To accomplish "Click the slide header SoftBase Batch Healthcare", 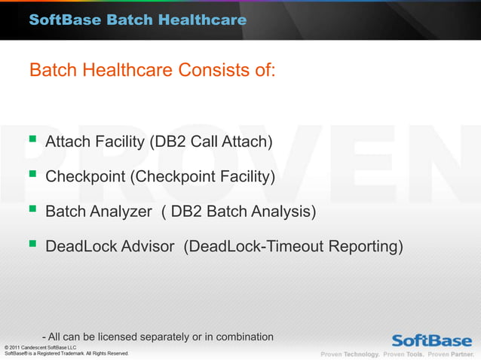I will coord(138,20).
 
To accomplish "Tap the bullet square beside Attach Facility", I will coord(32,139).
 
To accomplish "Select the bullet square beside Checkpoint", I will coord(32,175).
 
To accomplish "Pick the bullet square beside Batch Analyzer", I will coord(32,210).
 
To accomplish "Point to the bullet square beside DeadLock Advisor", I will coord(32,245).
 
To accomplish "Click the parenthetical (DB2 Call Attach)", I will coord(213,141).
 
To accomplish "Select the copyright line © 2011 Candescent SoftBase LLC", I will coord(41,346).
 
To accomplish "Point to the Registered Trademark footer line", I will coord(66,353).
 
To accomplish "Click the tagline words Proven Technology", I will coord(350,354).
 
